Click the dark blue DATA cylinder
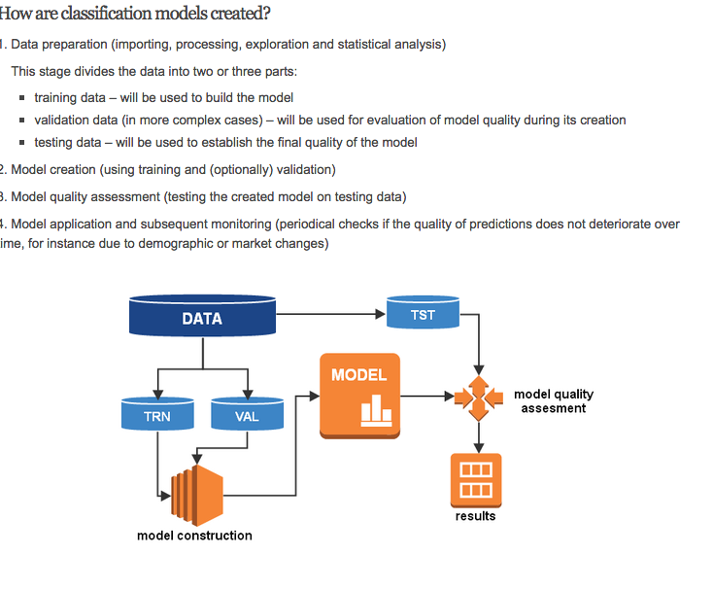pos(202,318)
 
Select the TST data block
pos(423,315)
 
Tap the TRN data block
pos(156,415)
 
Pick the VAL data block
pos(247,415)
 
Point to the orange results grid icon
pos(476,479)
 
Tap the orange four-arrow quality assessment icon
pos(477,397)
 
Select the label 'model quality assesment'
pos(553,401)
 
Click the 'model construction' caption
pos(194,536)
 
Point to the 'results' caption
pos(475,516)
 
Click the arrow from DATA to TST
pos(330,314)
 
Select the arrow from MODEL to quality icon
pos(427,397)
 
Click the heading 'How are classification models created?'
pos(135,14)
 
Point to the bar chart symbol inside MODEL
pos(375,412)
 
